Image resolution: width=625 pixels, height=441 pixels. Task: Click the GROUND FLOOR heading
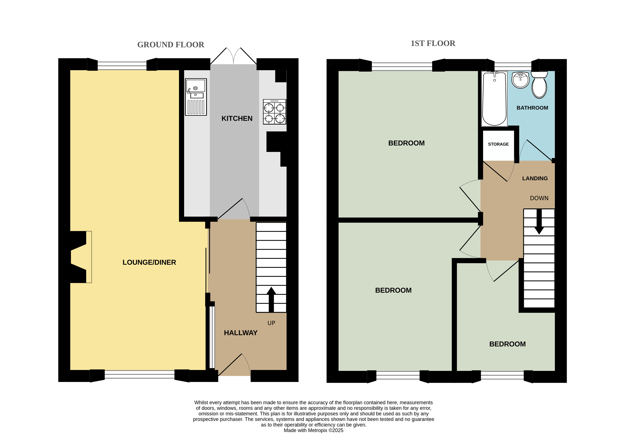coord(171,45)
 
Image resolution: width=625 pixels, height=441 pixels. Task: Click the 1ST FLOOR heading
coord(433,43)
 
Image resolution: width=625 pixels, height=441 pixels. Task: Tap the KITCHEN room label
coord(237,118)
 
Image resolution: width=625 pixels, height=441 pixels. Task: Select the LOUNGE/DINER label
coord(149,262)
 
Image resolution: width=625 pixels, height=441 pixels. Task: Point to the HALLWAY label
coord(241,333)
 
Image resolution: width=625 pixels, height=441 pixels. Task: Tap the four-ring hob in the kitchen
coord(274,112)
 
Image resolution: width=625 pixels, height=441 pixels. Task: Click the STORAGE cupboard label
coord(498,144)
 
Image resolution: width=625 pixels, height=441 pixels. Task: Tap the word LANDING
coord(535,179)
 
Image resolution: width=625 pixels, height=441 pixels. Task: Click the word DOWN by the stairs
coord(539,198)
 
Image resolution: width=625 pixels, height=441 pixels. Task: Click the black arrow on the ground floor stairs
coord(271,299)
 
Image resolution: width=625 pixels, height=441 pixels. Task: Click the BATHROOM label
coord(532,108)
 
